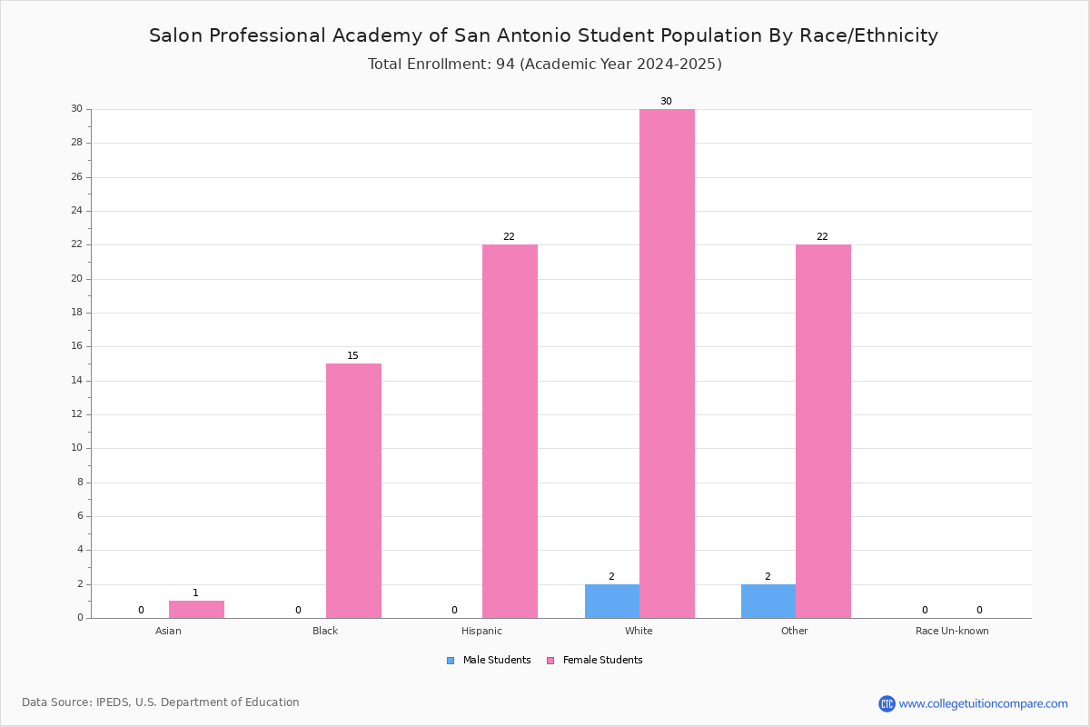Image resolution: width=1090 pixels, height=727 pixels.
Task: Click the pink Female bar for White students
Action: click(x=667, y=363)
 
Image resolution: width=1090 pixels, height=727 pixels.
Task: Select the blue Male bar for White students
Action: click(x=612, y=602)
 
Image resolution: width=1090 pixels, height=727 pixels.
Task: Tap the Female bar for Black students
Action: click(x=353, y=491)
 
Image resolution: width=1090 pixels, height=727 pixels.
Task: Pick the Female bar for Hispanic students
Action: click(x=510, y=432)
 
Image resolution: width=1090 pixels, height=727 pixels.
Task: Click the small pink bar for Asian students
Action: click(x=196, y=610)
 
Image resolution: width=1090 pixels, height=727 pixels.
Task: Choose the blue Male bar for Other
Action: click(x=768, y=602)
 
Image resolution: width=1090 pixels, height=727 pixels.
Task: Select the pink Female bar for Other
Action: click(x=823, y=432)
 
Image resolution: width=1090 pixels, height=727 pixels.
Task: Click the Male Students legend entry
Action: click(x=489, y=660)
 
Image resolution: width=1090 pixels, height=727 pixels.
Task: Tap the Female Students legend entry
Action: click(x=595, y=660)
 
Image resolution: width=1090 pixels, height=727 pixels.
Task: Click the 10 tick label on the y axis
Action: click(x=77, y=447)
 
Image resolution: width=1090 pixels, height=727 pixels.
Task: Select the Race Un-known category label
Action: click(x=952, y=631)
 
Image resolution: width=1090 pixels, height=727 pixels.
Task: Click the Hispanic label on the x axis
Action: click(x=481, y=631)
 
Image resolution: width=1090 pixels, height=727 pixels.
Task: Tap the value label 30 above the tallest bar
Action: click(x=666, y=101)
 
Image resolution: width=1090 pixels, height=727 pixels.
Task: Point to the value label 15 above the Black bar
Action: click(x=352, y=355)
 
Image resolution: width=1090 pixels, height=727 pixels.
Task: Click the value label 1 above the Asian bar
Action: click(x=195, y=593)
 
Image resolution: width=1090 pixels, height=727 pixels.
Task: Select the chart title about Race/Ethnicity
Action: click(x=543, y=35)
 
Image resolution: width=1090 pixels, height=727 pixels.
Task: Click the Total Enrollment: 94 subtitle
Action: click(x=544, y=64)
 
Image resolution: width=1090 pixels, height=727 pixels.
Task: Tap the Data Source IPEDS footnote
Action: click(x=161, y=702)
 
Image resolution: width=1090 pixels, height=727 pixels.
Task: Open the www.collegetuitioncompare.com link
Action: click(x=983, y=703)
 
